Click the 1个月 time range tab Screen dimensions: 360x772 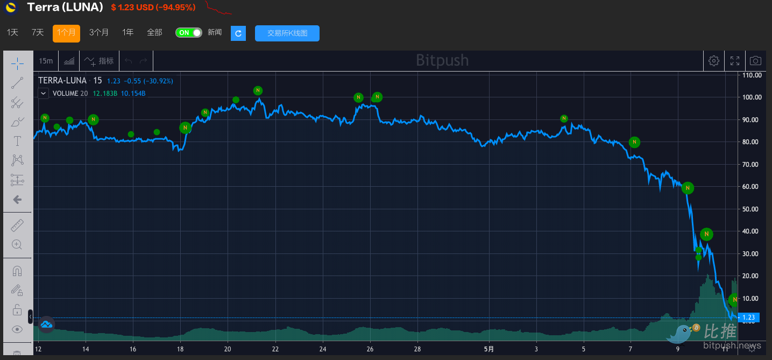[66, 33]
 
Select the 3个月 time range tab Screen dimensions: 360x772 [99, 33]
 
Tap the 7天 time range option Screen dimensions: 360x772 [38, 33]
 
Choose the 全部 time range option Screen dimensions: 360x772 [154, 33]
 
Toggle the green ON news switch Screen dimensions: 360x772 [188, 33]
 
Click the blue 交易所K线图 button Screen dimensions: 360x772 [287, 33]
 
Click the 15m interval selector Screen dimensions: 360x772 [46, 61]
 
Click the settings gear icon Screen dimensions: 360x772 [714, 61]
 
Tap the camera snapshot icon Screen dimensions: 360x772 [755, 61]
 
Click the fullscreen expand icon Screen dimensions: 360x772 [735, 61]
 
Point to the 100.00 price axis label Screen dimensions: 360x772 [752, 97]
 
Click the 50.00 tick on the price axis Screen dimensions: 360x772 [752, 209]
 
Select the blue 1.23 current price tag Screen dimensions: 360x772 [749, 317]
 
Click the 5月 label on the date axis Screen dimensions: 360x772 [488, 349]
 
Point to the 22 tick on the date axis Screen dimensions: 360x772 [275, 349]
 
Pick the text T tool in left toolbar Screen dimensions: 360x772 [17, 141]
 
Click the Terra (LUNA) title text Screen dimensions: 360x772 [65, 8]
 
